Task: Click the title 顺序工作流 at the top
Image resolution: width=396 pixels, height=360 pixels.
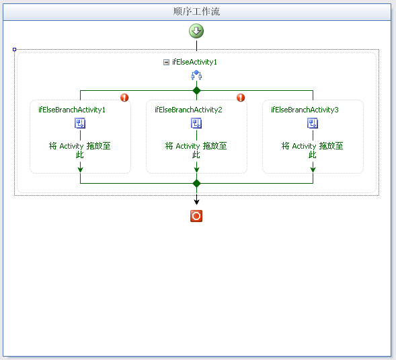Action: click(196, 11)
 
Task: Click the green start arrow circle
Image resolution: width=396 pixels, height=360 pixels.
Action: click(196, 31)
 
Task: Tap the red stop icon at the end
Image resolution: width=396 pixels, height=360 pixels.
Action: click(196, 216)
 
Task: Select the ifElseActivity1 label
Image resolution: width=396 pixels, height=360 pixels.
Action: click(194, 62)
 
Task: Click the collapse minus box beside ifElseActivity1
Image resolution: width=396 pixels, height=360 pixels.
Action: click(166, 62)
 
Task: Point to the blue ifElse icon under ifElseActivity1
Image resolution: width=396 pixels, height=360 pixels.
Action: click(196, 75)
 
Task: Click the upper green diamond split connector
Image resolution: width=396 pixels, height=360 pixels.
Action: click(196, 90)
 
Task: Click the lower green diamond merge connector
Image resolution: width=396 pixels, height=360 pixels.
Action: click(196, 183)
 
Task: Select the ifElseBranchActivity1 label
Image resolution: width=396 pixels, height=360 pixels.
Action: click(72, 110)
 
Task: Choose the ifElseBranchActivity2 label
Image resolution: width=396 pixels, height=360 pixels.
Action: click(188, 110)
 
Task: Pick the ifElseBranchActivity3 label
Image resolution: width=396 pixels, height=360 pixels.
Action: click(305, 110)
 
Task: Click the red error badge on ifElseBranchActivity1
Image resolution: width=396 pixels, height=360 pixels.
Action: click(124, 98)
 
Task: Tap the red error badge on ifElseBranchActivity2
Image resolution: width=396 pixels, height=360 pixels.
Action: click(241, 98)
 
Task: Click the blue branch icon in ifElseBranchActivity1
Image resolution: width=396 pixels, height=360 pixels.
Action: click(80, 123)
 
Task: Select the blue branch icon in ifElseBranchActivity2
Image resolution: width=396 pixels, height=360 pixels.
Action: click(196, 123)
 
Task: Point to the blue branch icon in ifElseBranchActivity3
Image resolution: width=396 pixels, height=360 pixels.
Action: click(313, 123)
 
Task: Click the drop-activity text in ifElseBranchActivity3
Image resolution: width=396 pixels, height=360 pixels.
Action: click(313, 150)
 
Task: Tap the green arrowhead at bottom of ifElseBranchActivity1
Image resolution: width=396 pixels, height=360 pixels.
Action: click(80, 170)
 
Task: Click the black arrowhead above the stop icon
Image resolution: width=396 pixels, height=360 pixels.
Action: click(196, 201)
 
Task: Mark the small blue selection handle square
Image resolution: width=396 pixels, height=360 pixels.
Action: click(14, 50)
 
